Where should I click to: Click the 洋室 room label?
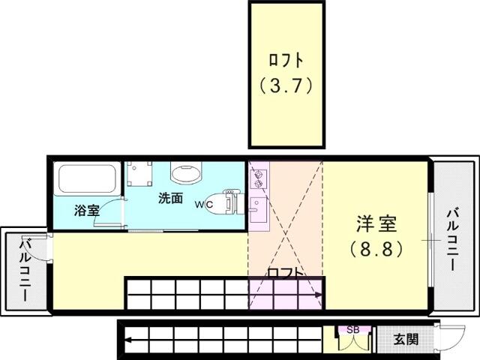(x=376, y=223)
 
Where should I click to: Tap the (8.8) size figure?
(x=376, y=250)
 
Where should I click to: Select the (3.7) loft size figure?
(x=286, y=85)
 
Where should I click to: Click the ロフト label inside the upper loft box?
(x=286, y=60)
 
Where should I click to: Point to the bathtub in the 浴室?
(x=87, y=180)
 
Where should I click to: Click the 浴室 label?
(x=87, y=210)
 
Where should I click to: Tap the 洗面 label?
(x=170, y=198)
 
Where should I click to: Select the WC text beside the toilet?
(x=205, y=205)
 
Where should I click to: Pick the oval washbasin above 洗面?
(x=187, y=172)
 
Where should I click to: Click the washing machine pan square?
(x=139, y=173)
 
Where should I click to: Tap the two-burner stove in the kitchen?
(x=259, y=178)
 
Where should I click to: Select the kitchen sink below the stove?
(x=258, y=210)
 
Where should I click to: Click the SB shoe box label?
(x=353, y=330)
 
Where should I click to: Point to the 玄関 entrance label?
(x=406, y=339)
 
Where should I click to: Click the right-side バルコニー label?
(x=452, y=240)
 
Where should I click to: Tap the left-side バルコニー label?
(x=24, y=269)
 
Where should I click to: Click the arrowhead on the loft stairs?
(x=319, y=295)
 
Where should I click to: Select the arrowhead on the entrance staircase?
(x=128, y=340)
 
